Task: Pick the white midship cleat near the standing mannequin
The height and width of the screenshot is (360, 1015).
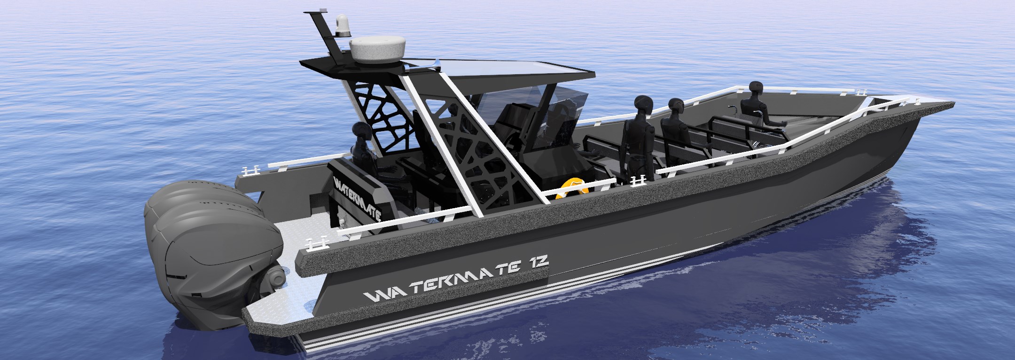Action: point(637,179)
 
